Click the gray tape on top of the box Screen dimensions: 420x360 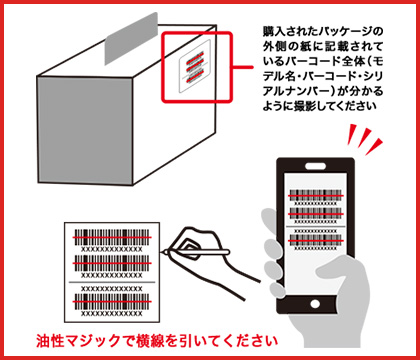[x=131, y=39]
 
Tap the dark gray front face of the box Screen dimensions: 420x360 [x=85, y=130]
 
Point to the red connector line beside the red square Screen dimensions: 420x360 [x=243, y=67]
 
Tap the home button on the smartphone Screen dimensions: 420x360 [x=315, y=304]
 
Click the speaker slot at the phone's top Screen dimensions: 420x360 [x=315, y=166]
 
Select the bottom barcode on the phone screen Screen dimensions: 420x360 [x=316, y=240]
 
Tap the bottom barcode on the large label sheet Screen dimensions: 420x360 [x=112, y=302]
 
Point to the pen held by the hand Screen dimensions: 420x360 [x=197, y=252]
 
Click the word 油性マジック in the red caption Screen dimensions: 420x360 [x=78, y=341]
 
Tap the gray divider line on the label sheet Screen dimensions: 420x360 [x=112, y=282]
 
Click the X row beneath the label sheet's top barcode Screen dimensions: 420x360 [x=112, y=249]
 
